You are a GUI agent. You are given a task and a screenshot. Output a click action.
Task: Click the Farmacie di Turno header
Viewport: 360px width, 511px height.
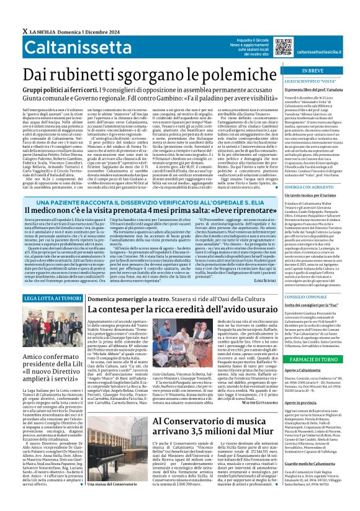pyautogui.click(x=317, y=360)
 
